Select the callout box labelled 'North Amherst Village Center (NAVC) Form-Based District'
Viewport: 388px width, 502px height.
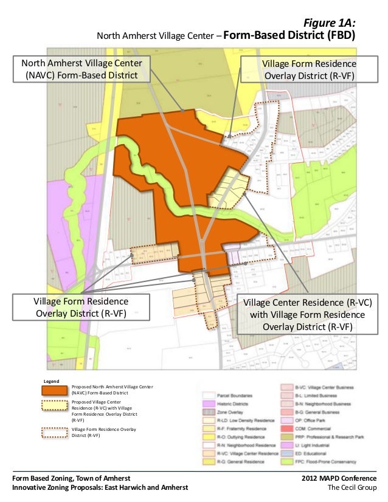point(81,69)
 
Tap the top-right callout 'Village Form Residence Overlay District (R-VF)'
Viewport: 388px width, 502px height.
point(308,69)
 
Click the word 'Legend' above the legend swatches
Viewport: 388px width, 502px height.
point(50,381)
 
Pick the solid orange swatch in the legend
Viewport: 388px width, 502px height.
point(54,390)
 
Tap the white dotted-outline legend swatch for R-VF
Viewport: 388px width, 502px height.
point(54,432)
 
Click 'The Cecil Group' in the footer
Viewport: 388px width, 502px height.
point(352,488)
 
